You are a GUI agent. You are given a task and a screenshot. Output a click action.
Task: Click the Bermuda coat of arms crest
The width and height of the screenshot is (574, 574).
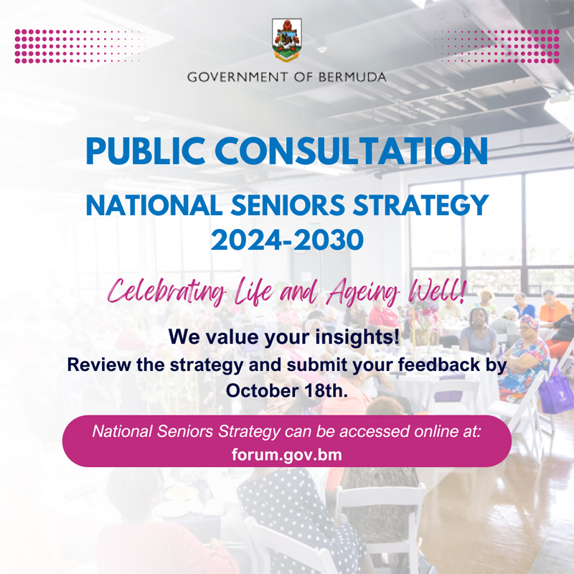point(287,40)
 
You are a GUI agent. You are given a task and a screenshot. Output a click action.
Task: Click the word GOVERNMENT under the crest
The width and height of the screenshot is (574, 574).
point(237,77)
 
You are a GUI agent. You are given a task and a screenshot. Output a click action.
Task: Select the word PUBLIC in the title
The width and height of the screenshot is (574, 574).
point(145,151)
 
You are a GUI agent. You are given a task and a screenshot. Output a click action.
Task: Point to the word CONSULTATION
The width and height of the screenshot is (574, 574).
point(352,151)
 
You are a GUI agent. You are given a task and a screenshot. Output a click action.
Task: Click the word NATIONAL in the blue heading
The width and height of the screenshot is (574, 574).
point(154,205)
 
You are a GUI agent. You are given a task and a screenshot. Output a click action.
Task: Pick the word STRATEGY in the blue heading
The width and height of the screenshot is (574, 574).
point(420,205)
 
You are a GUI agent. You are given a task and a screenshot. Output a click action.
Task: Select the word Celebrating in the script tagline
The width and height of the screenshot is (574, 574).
point(166,292)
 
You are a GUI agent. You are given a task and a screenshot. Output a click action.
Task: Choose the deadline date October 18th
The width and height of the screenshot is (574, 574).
point(286,390)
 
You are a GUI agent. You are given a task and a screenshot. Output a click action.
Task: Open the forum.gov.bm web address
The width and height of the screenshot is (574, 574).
point(286,455)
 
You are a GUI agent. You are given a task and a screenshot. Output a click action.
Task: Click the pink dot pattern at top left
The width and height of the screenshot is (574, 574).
point(80,46)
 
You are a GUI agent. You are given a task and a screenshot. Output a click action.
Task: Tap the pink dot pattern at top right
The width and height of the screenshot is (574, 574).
point(494,46)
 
